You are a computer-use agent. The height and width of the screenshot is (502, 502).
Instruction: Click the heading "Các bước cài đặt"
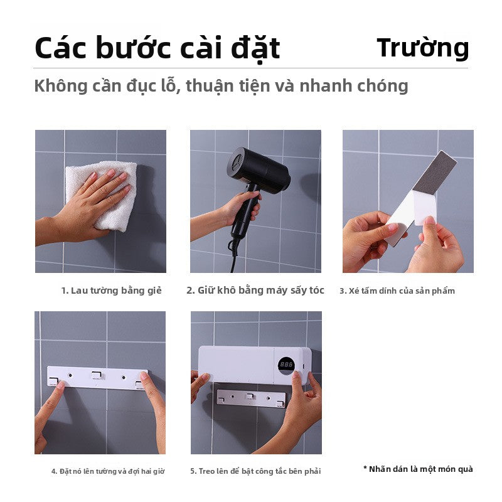157,49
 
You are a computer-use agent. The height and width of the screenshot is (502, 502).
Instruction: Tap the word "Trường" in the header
422,48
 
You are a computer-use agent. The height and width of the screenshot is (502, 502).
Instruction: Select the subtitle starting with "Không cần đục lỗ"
221,85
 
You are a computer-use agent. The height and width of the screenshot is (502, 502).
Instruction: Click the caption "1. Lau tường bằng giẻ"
111,291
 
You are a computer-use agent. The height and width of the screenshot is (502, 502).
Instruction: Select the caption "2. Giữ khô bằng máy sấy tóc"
255,290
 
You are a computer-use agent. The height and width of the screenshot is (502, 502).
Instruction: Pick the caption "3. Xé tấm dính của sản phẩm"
397,291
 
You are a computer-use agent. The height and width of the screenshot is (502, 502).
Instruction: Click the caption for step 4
108,471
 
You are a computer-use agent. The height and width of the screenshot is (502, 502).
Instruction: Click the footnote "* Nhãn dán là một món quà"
418,469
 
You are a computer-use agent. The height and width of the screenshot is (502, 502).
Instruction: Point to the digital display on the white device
287,365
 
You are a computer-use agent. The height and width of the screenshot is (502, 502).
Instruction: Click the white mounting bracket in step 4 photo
97,378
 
